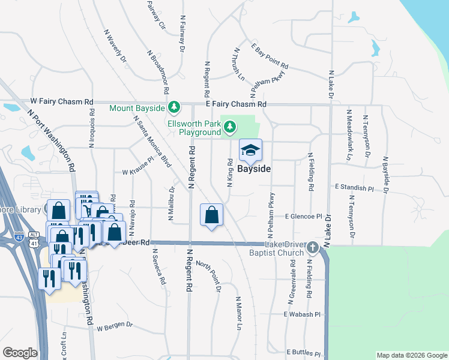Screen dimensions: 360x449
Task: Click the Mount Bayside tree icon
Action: click(x=174, y=107)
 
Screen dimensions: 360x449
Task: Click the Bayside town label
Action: click(x=254, y=169)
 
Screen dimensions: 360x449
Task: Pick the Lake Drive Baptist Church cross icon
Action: click(x=312, y=247)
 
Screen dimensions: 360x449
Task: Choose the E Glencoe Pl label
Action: click(x=308, y=215)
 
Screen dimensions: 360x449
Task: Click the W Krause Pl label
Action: click(x=138, y=172)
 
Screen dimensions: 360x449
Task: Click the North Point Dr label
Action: click(x=208, y=275)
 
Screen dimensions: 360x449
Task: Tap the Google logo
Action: click(x=20, y=352)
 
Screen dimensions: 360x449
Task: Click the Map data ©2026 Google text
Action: click(x=411, y=355)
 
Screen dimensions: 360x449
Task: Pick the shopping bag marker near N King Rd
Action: click(x=211, y=214)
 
